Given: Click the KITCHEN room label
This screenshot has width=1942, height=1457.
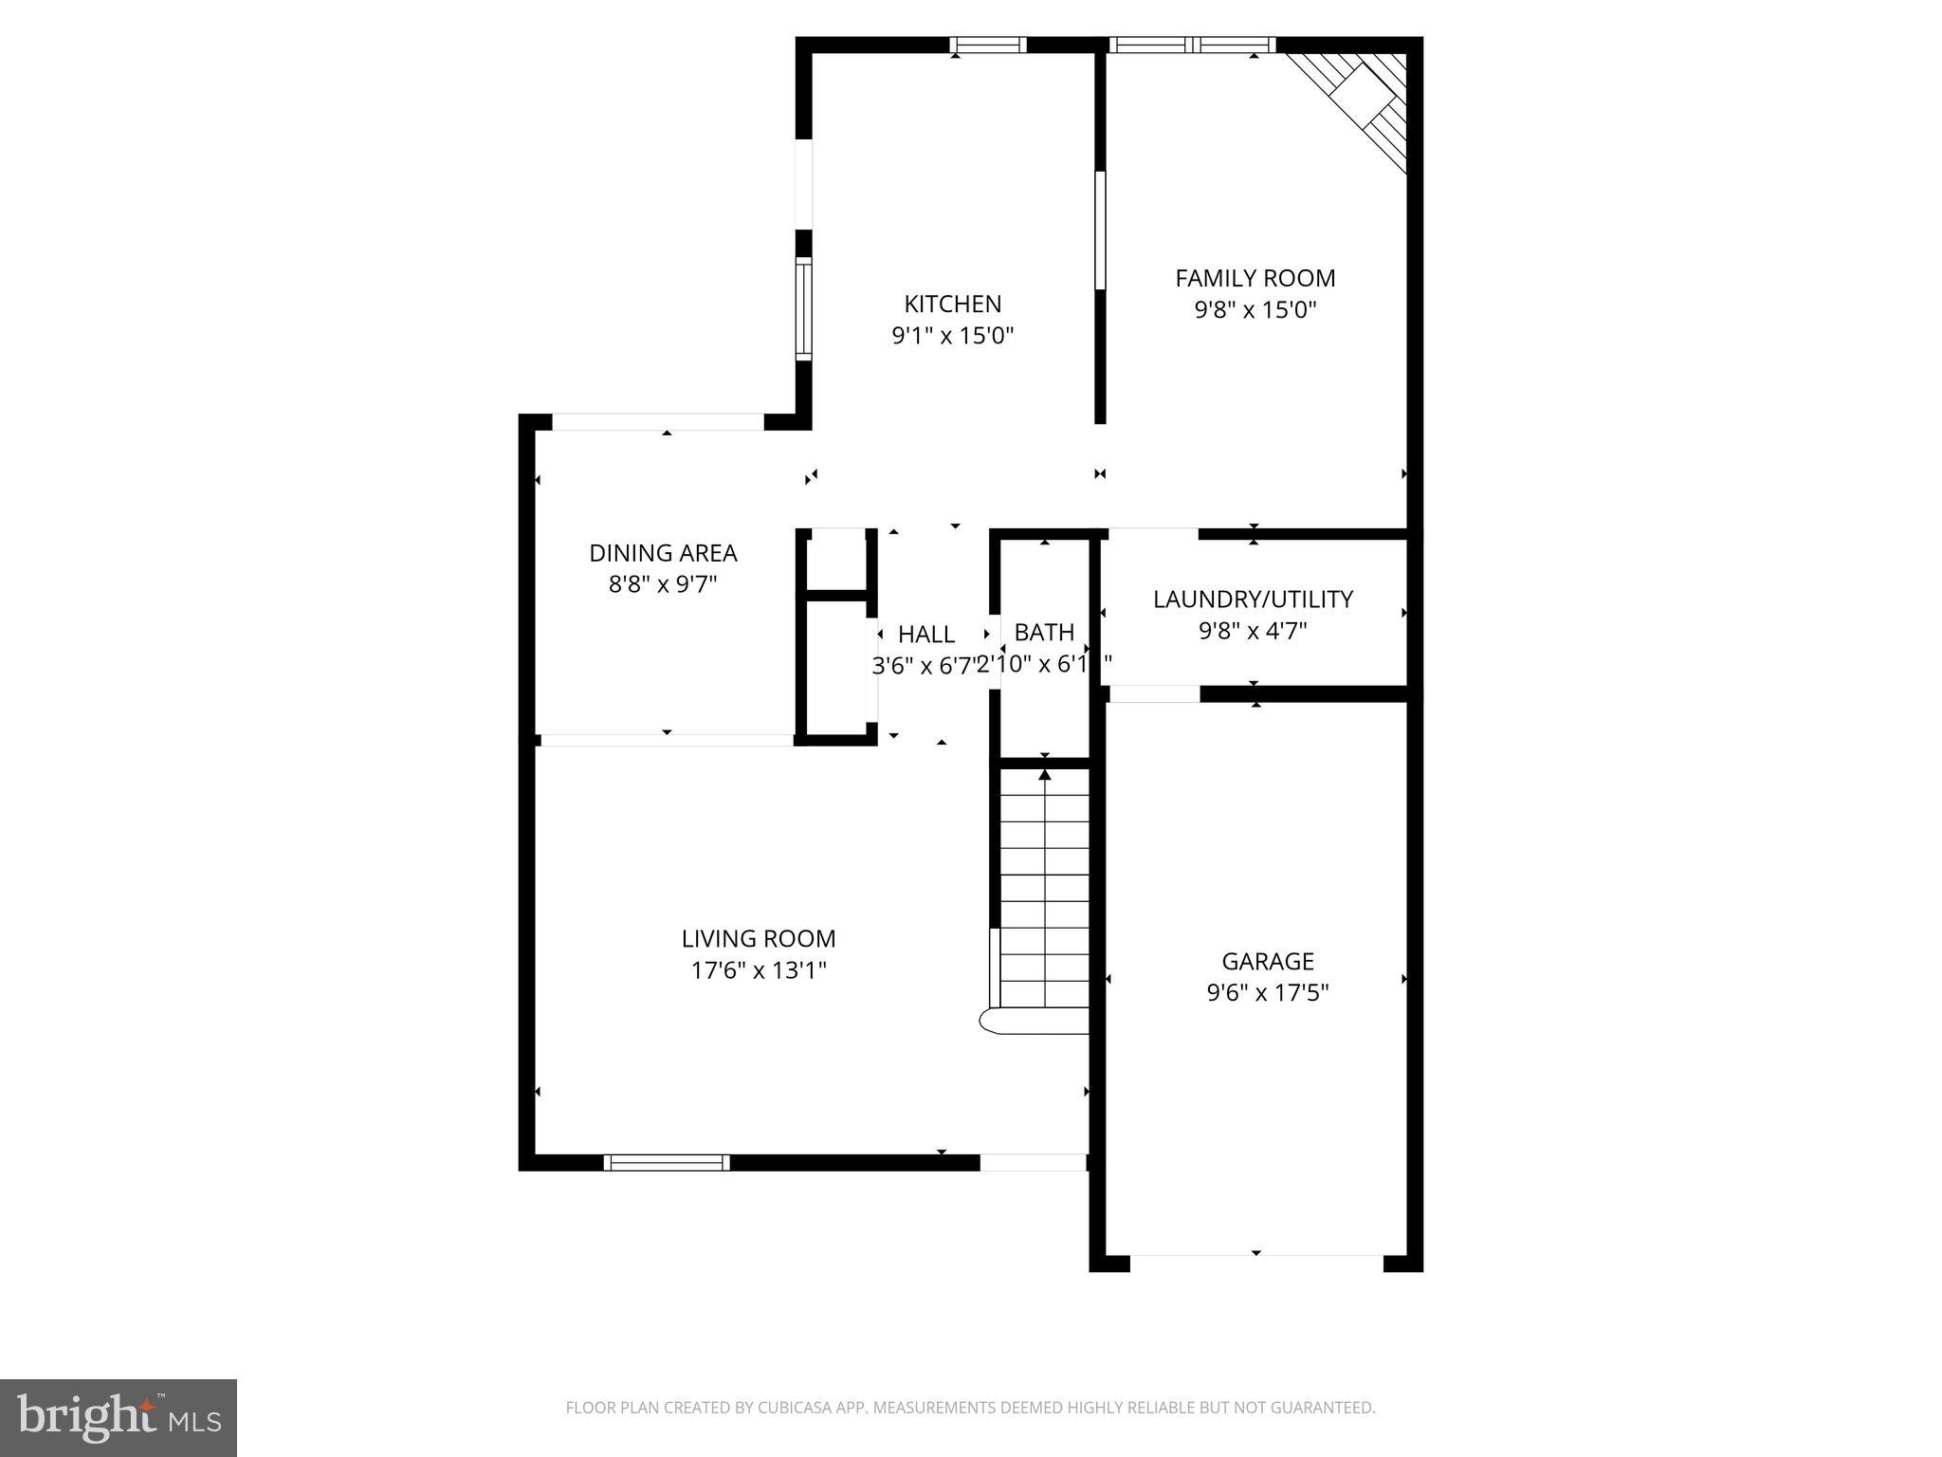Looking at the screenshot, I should point(952,304).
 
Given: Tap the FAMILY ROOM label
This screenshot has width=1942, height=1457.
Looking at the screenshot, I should point(1255,278).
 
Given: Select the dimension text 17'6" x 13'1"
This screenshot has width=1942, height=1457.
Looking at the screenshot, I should point(759,970).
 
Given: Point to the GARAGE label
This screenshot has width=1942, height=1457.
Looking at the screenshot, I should point(1267,961).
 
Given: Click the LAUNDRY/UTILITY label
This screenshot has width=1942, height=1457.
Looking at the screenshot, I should point(1253,599).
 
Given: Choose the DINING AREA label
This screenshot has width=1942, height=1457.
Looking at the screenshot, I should point(663,552).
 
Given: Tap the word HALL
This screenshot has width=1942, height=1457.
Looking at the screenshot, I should point(926,634).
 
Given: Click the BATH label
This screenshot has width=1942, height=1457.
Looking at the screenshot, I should point(1044,632).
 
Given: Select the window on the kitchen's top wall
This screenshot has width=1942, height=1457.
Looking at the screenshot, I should point(988,45).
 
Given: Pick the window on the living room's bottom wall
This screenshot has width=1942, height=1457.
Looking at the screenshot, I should point(667,1162).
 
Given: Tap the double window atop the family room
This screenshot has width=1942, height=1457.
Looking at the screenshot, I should point(1192,45).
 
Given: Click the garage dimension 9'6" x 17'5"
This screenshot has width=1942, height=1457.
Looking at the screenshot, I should point(1267,993).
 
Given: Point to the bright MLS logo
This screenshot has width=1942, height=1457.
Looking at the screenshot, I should point(119,1417).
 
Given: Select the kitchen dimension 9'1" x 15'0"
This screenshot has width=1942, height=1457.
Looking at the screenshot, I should point(952,336).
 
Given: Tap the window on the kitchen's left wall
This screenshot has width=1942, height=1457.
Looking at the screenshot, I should point(803,308).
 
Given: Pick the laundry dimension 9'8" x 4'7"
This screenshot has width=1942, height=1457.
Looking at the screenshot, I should point(1253,631).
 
